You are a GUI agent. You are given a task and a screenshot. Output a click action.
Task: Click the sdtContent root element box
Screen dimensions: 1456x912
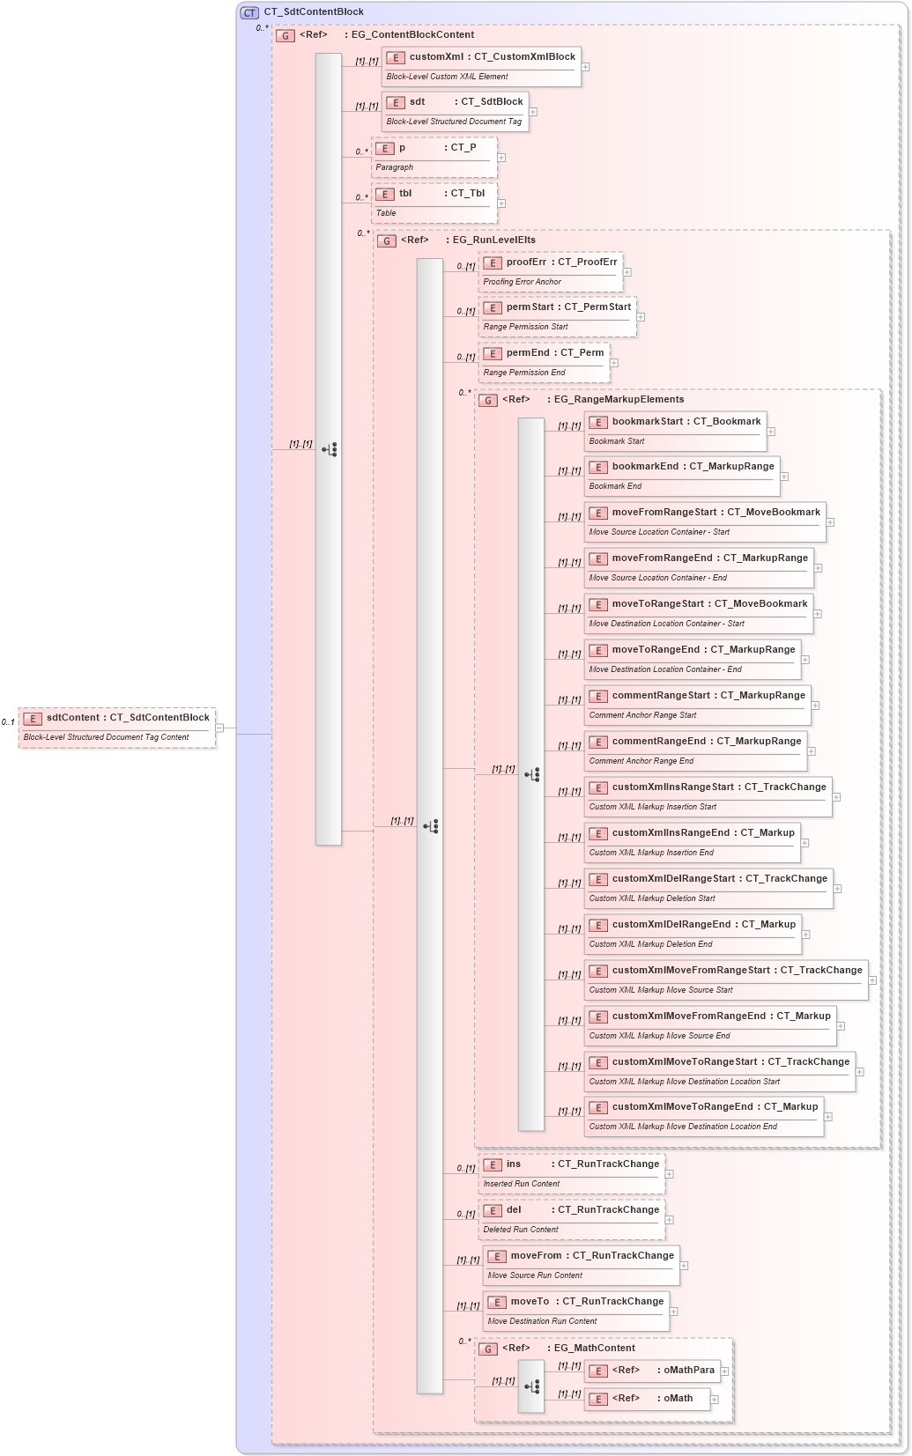pyautogui.click(x=116, y=727)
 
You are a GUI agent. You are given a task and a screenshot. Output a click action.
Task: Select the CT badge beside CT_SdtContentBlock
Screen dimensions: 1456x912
pyautogui.click(x=250, y=12)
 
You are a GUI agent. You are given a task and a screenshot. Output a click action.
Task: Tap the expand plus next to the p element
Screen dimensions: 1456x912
pyautogui.click(x=501, y=158)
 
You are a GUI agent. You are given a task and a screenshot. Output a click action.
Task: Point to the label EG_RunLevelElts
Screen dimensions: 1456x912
pyautogui.click(x=493, y=240)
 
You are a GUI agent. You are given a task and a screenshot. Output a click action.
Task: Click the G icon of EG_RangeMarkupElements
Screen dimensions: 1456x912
pyautogui.click(x=488, y=400)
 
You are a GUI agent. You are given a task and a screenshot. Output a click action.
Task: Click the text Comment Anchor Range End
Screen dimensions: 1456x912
pyautogui.click(x=641, y=761)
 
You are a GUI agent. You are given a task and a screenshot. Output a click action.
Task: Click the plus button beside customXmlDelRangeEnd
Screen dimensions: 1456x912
pyautogui.click(x=805, y=935)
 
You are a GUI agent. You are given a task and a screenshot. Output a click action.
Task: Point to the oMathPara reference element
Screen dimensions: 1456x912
pyautogui.click(x=652, y=1371)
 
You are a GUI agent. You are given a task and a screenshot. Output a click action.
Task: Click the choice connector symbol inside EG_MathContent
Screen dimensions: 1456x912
pyautogui.click(x=531, y=1386)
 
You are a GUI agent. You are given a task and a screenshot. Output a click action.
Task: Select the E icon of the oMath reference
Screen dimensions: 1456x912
pyautogui.click(x=598, y=1399)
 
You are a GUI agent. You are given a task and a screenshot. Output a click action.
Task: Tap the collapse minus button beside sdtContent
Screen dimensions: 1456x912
pyautogui.click(x=219, y=728)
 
